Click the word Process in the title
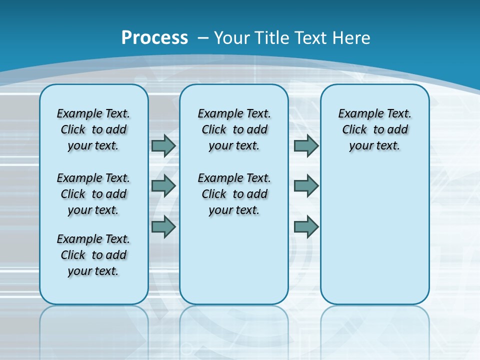[x=154, y=38]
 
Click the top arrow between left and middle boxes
[x=163, y=145]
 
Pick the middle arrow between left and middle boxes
[x=163, y=186]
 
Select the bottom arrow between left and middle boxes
[x=163, y=226]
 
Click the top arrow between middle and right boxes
[x=306, y=145]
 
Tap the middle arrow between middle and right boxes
[x=306, y=186]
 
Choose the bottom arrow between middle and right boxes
[x=306, y=226]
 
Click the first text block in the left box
[x=93, y=129]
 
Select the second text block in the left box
[x=93, y=194]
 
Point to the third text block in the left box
[x=93, y=255]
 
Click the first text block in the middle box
[x=234, y=129]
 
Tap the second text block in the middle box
[x=234, y=194]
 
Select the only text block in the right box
[x=375, y=129]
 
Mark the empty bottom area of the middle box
[x=234, y=265]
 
